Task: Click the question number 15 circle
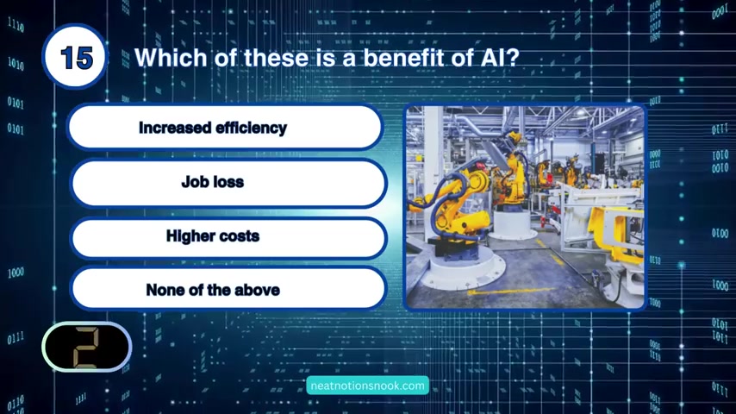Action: pos(75,57)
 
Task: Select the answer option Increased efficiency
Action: pos(225,128)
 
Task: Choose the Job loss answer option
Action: pos(228,182)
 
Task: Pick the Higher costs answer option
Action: pos(228,237)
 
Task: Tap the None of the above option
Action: pos(228,290)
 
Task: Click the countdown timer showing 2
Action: pos(87,347)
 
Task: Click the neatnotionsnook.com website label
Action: pos(367,386)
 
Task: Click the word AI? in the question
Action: pos(500,58)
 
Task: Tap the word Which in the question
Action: pos(171,58)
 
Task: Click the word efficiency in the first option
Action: pos(251,129)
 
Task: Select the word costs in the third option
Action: pos(239,236)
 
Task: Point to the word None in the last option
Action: pos(165,290)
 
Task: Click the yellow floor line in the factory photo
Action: pos(512,292)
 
